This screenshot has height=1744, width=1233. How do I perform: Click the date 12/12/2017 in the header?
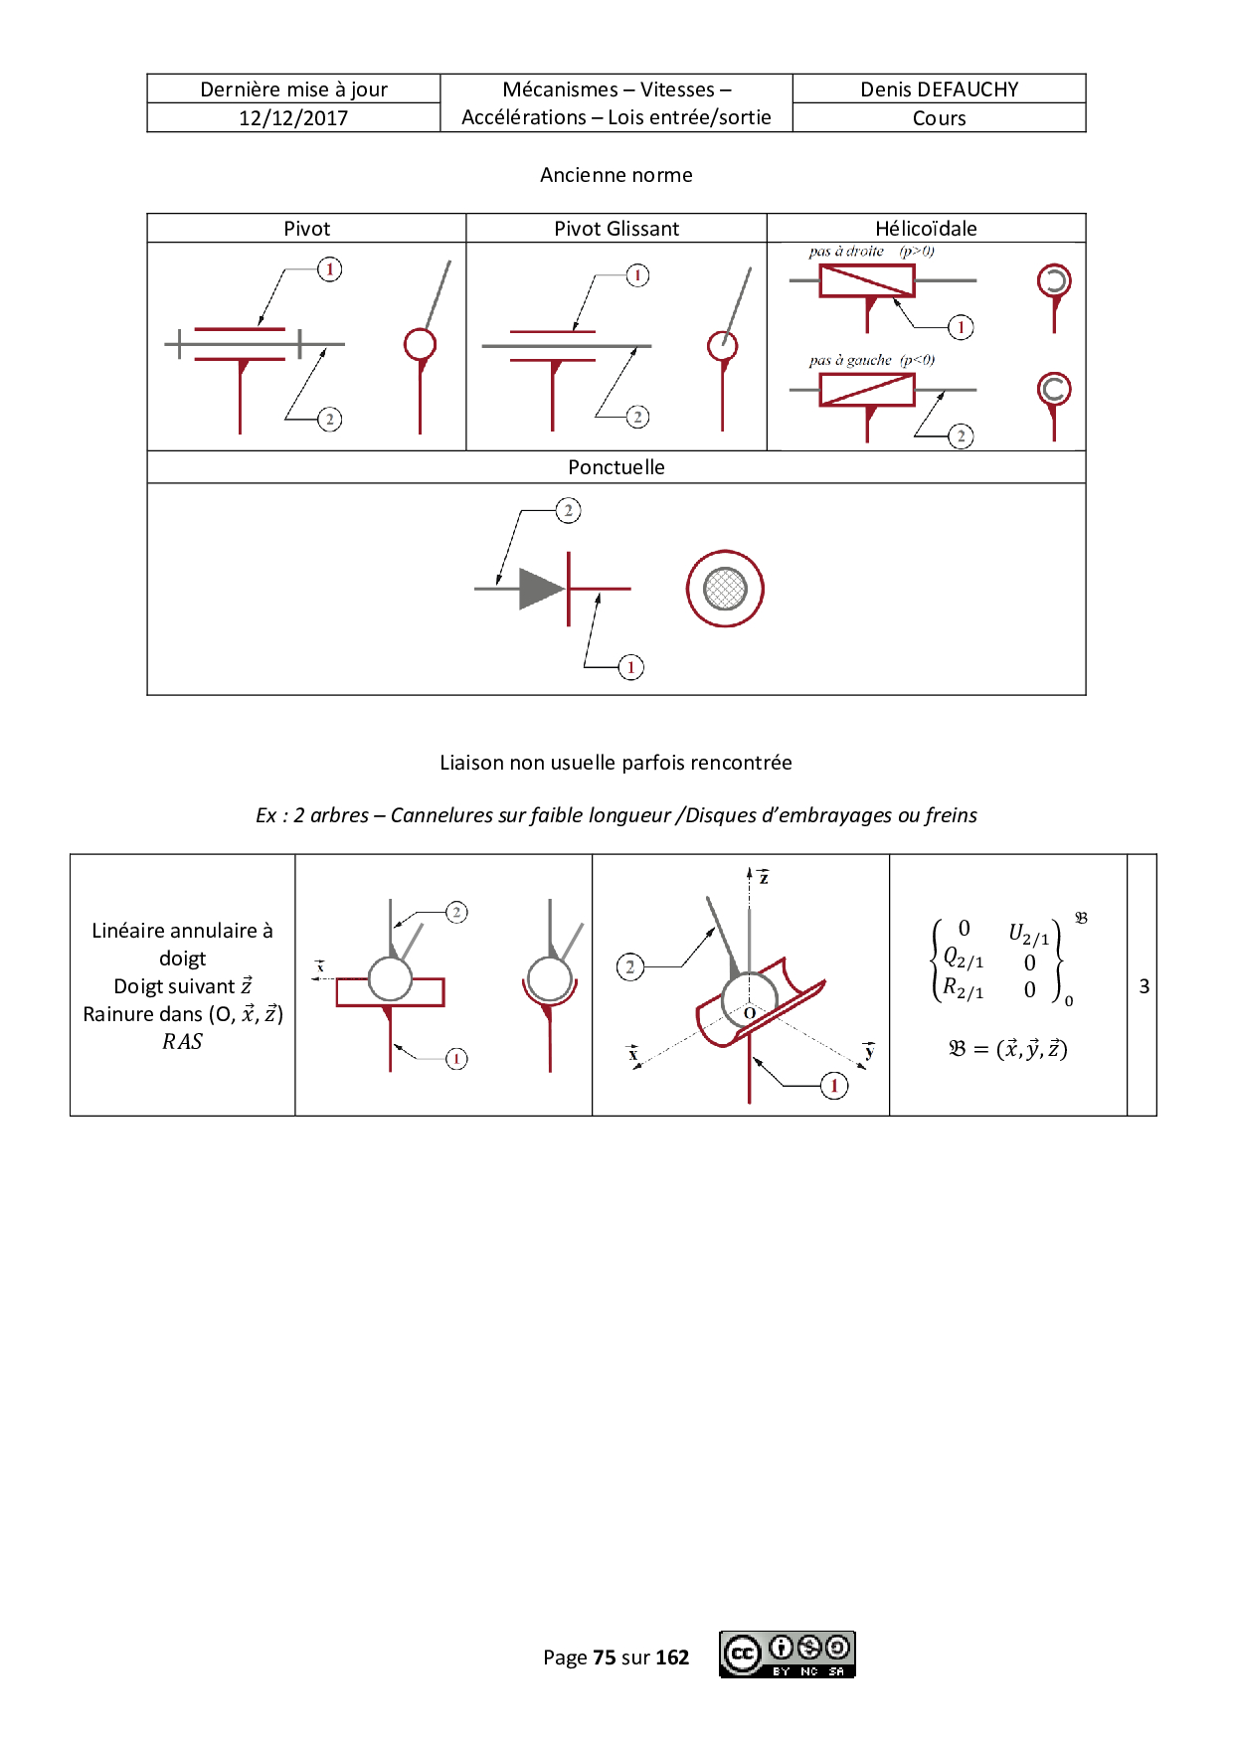[x=293, y=118]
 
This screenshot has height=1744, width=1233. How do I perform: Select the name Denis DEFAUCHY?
[x=940, y=89]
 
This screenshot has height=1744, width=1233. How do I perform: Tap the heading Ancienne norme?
[x=616, y=175]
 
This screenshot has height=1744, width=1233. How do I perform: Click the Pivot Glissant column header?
[x=616, y=229]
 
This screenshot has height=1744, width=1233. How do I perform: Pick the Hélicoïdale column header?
[x=926, y=229]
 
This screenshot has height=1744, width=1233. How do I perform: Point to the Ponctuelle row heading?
[x=616, y=467]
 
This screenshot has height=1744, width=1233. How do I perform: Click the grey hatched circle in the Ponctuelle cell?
[x=725, y=589]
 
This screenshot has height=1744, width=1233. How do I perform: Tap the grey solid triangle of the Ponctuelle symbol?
[x=542, y=589]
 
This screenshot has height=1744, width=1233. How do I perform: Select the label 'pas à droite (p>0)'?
[x=872, y=252]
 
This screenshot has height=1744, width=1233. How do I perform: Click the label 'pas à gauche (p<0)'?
[x=872, y=360]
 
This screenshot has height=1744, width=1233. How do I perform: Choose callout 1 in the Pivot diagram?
[x=330, y=269]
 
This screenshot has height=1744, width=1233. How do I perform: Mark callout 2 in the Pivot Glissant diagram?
[x=638, y=417]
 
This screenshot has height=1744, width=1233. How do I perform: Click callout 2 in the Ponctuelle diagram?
[x=568, y=511]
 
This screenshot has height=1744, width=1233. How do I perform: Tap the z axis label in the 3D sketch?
[x=764, y=876]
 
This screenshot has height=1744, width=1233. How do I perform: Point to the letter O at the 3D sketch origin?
[x=750, y=1013]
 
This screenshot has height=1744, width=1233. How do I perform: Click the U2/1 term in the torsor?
[x=1029, y=934]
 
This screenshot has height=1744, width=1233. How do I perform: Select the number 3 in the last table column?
[x=1145, y=986]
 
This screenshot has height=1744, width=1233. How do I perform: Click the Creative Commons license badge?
[x=788, y=1655]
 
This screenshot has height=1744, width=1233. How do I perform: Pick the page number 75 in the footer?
[x=605, y=1657]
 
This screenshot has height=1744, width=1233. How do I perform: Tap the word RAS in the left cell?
[x=183, y=1042]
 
